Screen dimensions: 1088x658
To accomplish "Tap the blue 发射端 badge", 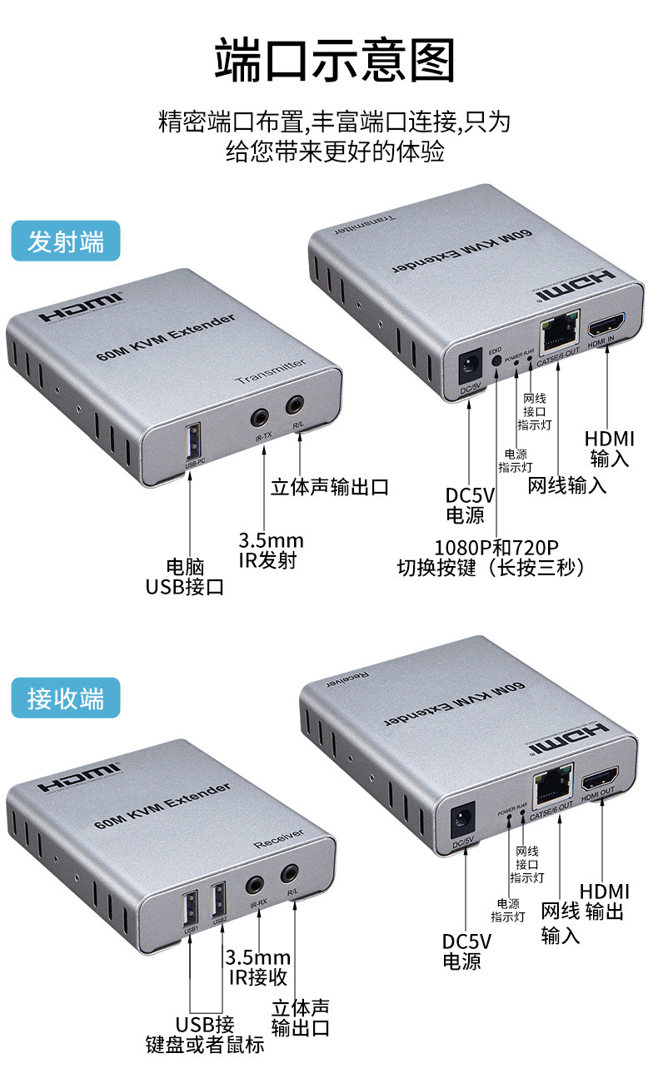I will point(66,241).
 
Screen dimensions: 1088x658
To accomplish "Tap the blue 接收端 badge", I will point(66,698).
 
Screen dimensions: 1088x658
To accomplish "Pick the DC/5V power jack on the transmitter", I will point(471,365).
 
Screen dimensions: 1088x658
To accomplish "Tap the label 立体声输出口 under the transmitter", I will point(329,485).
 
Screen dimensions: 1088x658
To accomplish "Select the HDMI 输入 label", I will point(609,449).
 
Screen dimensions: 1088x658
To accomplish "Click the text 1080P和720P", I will point(496,547).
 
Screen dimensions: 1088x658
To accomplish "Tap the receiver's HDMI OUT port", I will point(598,782).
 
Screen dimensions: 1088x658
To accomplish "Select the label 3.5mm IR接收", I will point(258,967).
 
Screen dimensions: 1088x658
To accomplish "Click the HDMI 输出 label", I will point(605,901).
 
